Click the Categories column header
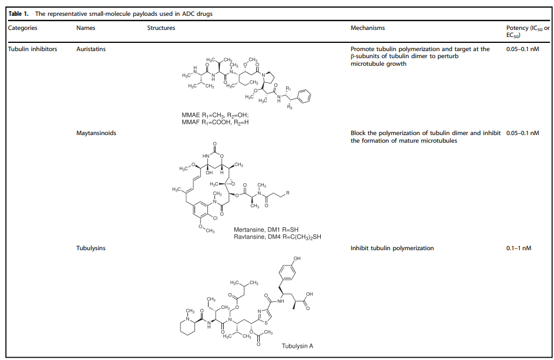click(23, 28)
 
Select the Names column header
click(86, 28)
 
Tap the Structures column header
click(161, 28)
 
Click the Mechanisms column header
click(368, 28)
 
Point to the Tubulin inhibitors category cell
click(33, 49)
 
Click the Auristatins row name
click(91, 49)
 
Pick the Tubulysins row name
click(91, 248)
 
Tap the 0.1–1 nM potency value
click(519, 248)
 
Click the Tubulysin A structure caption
click(297, 346)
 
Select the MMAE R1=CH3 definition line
click(216, 115)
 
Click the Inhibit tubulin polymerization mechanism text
click(392, 248)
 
